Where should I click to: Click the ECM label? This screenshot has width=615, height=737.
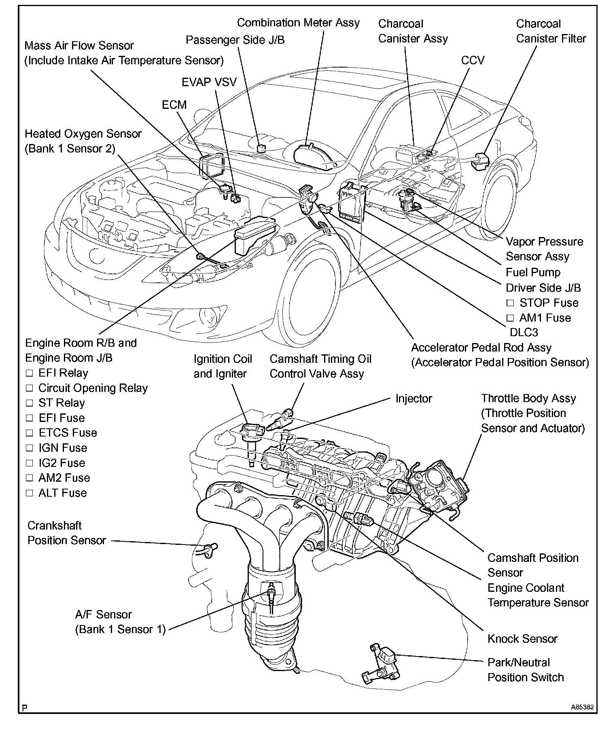pyautogui.click(x=174, y=105)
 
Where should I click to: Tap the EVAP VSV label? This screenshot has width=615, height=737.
pyautogui.click(x=209, y=83)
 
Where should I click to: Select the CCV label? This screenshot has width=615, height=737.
pyautogui.click(x=473, y=61)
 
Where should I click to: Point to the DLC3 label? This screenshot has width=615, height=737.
pyautogui.click(x=524, y=332)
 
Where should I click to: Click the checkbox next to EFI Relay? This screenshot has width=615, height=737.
pyautogui.click(x=29, y=373)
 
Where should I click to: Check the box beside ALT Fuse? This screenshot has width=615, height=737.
pyautogui.click(x=29, y=493)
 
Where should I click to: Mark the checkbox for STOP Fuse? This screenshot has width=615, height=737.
pyautogui.click(x=510, y=303)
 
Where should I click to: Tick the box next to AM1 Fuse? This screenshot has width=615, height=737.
pyautogui.click(x=510, y=318)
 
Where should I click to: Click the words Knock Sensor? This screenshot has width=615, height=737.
pyautogui.click(x=522, y=639)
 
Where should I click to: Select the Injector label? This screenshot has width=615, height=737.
pyautogui.click(x=414, y=398)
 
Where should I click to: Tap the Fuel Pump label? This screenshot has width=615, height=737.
pyautogui.click(x=533, y=273)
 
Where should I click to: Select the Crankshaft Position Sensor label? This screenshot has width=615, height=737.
pyautogui.click(x=67, y=533)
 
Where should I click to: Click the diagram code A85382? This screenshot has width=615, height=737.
pyautogui.click(x=583, y=707)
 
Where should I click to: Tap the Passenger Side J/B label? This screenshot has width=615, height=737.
pyautogui.click(x=235, y=40)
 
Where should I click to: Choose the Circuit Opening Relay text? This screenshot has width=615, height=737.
pyautogui.click(x=93, y=388)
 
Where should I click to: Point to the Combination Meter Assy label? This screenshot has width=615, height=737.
pyautogui.click(x=298, y=23)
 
